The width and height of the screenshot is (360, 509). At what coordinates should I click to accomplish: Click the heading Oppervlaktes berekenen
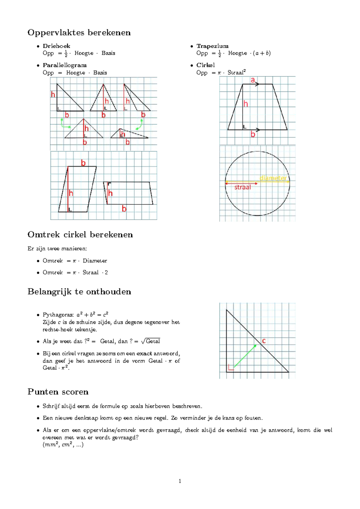point(79,32)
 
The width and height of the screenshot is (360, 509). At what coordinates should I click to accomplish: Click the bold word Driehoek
point(56,46)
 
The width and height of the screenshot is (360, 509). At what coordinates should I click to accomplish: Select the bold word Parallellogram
point(64,65)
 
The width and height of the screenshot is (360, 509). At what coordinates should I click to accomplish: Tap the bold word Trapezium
point(212,46)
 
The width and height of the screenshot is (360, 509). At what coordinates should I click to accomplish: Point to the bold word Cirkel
point(205,65)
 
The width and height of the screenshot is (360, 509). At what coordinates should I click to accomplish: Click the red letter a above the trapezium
point(253,80)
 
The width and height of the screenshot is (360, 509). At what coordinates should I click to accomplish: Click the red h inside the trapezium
point(246,104)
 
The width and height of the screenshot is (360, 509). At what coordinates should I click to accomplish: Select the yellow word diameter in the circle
point(273,178)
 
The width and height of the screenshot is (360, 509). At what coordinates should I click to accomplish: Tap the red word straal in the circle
point(242,187)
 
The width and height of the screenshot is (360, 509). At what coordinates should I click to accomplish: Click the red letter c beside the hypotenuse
point(264,341)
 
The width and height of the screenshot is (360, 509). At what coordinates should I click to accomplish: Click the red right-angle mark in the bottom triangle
point(230,367)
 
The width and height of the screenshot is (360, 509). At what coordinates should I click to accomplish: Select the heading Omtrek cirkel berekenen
point(80,234)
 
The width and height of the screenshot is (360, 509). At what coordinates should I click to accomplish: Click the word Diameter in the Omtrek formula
point(95,261)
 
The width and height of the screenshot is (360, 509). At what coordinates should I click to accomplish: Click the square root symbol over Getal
point(143,341)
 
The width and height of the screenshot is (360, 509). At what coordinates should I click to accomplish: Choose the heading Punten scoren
point(58,392)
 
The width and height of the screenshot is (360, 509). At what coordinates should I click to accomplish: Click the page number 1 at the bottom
point(180,481)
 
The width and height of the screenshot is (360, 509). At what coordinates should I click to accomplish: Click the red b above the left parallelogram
point(83,163)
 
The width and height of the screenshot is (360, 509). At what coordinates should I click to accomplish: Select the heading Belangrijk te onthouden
point(79,291)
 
